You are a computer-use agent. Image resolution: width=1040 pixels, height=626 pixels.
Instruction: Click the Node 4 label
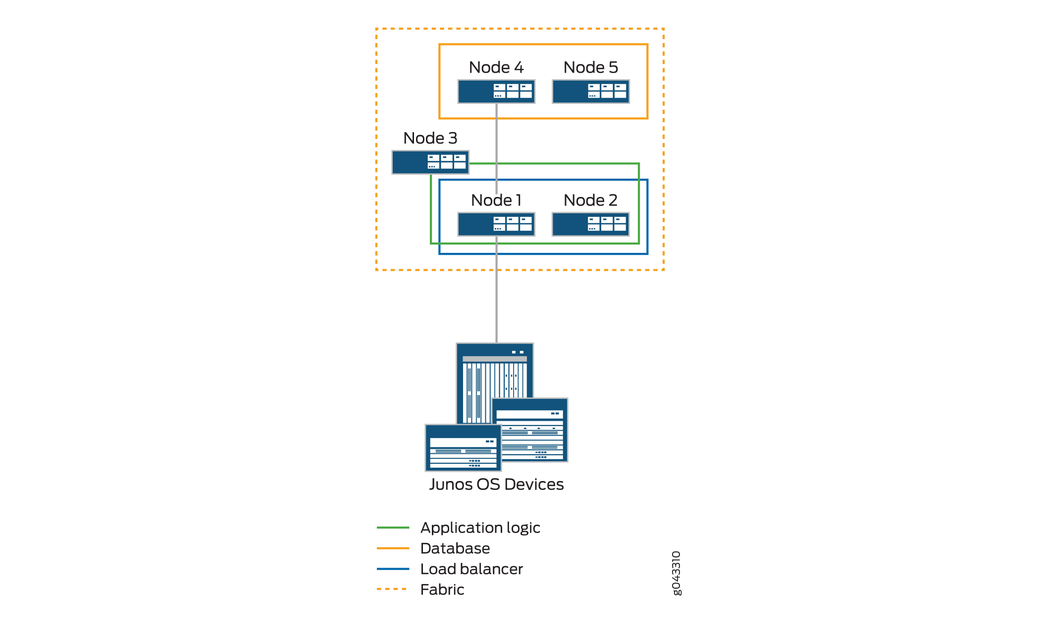click(496, 67)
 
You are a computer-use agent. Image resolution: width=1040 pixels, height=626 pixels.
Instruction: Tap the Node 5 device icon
click(590, 92)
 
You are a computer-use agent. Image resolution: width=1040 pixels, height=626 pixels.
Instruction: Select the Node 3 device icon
click(430, 162)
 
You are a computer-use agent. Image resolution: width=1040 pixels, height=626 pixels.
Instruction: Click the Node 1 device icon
click(496, 224)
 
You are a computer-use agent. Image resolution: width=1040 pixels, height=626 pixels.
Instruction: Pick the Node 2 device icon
click(590, 224)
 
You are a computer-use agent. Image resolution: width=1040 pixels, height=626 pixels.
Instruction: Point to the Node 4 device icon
click(496, 92)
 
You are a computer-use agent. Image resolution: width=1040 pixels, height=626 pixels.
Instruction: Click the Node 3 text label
click(430, 138)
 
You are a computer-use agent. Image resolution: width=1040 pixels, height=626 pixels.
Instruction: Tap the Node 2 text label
click(590, 200)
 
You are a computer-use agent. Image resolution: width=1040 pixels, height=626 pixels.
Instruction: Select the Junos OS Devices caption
click(496, 484)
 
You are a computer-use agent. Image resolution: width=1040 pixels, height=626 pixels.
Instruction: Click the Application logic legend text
click(480, 528)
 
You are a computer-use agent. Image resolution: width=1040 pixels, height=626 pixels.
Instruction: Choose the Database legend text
click(455, 548)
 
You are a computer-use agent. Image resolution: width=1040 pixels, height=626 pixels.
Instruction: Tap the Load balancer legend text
click(471, 569)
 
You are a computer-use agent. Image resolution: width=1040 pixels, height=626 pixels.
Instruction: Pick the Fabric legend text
click(442, 589)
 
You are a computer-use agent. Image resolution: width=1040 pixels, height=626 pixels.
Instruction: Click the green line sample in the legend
click(393, 528)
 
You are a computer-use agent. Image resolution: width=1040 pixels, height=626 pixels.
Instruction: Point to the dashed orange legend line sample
click(392, 589)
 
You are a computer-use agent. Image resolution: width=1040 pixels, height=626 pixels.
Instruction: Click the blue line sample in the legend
click(393, 569)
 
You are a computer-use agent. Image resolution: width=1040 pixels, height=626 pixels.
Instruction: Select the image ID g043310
click(676, 573)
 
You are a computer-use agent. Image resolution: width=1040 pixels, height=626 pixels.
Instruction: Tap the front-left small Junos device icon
click(463, 448)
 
